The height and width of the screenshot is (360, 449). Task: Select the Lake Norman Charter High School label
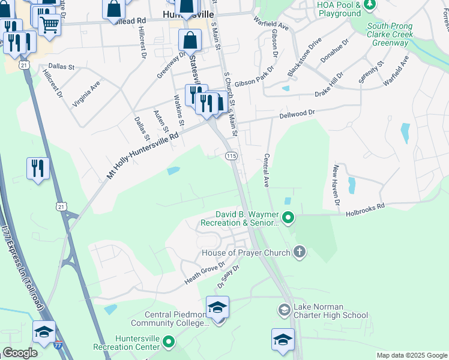coord(330,314)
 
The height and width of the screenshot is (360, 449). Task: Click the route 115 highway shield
coord(232,156)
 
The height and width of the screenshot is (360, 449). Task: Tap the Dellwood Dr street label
coord(297,113)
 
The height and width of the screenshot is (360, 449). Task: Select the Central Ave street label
coord(266,170)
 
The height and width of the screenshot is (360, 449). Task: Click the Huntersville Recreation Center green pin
coord(169,343)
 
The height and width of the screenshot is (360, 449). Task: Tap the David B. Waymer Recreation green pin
coord(288,217)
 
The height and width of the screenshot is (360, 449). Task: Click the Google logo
coord(20,353)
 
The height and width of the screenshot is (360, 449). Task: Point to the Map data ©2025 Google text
coord(412,355)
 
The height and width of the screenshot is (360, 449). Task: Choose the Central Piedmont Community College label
coord(176,319)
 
